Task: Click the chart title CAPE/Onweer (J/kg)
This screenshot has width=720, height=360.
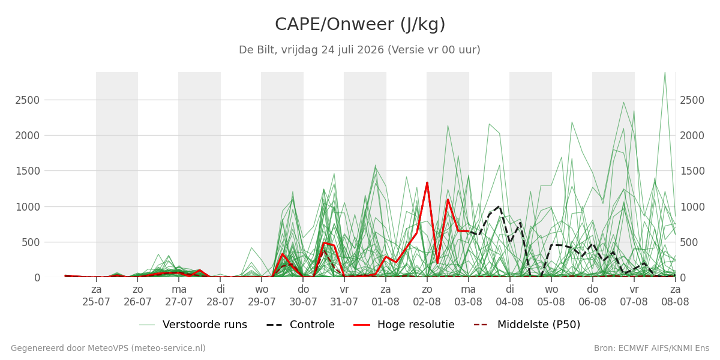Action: (360, 25)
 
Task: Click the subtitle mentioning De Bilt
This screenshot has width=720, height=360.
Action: (359, 50)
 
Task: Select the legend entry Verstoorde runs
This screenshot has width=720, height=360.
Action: (193, 325)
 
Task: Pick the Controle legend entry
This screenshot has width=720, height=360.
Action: (301, 325)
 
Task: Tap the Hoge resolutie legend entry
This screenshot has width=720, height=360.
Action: (404, 325)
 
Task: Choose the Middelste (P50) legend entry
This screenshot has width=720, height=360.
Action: (527, 325)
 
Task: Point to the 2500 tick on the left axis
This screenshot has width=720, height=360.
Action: (28, 100)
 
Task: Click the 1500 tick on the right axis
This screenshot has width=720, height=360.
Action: (692, 171)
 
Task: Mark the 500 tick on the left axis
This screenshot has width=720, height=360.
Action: (31, 242)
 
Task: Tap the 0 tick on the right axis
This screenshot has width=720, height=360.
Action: (683, 278)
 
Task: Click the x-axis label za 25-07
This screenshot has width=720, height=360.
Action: (96, 296)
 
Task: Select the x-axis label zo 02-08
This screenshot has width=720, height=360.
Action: (427, 296)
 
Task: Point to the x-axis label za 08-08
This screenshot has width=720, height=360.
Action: (675, 296)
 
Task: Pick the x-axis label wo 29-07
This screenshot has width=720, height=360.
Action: (262, 296)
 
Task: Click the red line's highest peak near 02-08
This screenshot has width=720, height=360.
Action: (427, 182)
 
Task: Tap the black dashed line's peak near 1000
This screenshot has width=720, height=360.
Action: (499, 206)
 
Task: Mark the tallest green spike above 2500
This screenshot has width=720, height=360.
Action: (665, 73)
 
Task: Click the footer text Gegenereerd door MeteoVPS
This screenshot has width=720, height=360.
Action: (108, 348)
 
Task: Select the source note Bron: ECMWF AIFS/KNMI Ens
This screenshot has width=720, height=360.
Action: (652, 348)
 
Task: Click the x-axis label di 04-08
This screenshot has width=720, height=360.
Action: (509, 296)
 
